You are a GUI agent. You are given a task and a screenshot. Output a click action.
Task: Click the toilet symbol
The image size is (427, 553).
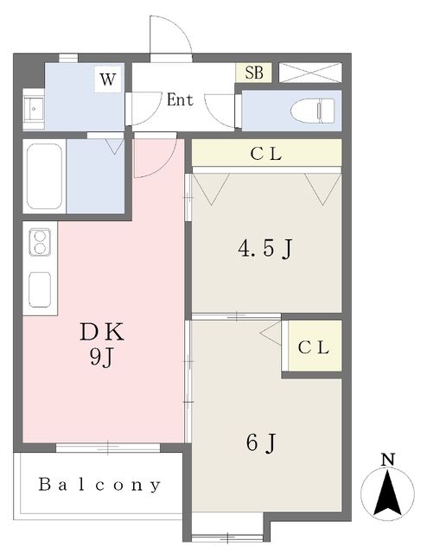(x=313, y=111)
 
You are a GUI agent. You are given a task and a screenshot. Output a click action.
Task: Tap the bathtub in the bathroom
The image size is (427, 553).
(x=44, y=176)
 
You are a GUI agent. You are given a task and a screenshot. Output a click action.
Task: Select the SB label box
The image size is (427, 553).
(x=254, y=73)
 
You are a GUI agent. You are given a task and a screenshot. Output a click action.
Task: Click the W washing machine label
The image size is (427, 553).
(x=108, y=79)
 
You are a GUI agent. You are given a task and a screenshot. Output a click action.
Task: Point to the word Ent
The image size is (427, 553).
(x=180, y=100)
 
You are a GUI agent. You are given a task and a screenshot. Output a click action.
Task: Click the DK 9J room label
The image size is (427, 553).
(x=102, y=345)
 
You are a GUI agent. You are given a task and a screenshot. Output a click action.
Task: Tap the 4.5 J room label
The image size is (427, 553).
(x=265, y=248)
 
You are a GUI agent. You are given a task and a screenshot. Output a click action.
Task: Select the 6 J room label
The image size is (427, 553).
(x=261, y=442)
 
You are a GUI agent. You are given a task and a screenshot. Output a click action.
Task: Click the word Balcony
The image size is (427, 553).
(x=99, y=485)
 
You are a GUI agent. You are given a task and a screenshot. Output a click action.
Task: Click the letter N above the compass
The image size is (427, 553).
(x=388, y=460)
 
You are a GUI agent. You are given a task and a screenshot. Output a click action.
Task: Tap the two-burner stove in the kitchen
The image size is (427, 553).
(x=40, y=242)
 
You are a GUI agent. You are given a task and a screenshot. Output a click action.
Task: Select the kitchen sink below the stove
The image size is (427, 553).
(x=40, y=289)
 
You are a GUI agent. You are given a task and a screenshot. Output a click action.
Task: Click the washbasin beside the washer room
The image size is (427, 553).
(x=34, y=109)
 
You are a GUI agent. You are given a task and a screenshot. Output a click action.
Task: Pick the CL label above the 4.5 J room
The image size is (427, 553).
(x=266, y=154)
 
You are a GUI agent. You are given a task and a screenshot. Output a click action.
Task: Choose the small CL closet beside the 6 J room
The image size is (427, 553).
(x=315, y=346)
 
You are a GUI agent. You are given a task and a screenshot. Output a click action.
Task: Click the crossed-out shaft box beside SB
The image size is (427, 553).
(x=310, y=73)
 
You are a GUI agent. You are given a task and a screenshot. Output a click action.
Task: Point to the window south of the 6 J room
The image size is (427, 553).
(x=227, y=537)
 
